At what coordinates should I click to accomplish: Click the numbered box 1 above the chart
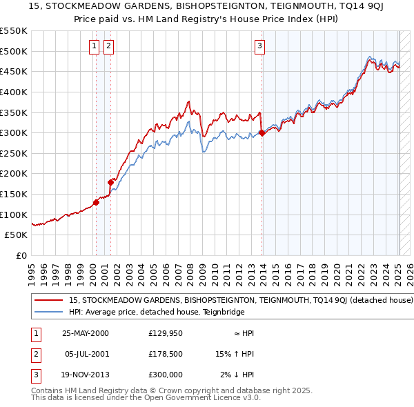tap(94, 46)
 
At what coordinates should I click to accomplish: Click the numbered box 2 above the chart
tap(109, 46)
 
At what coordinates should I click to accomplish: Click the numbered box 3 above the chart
tap(259, 46)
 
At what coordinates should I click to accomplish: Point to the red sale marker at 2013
tap(262, 132)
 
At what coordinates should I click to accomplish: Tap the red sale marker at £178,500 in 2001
tap(110, 182)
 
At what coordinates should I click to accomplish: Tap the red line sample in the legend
tap(48, 301)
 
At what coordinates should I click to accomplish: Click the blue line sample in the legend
tap(48, 312)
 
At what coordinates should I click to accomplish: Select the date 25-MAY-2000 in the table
tap(86, 333)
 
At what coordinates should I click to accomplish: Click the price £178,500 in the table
tap(165, 354)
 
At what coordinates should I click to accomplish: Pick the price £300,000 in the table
tap(165, 375)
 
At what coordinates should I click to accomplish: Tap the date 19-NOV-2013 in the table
tap(86, 375)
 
